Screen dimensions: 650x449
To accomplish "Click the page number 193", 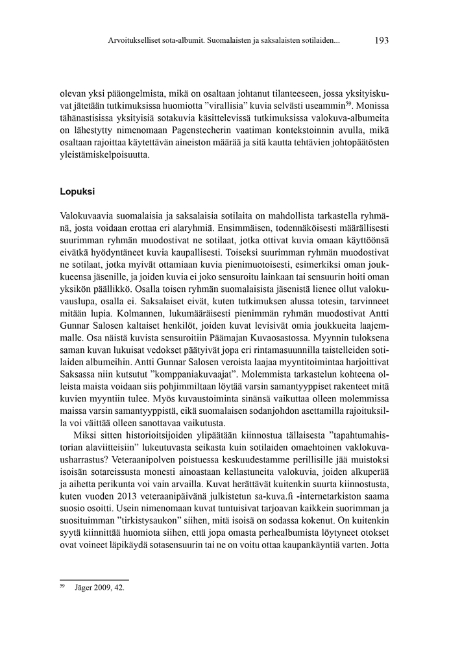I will pyautogui.click(x=382, y=40).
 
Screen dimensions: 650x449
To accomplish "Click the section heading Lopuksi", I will pyautogui.click(x=77, y=192).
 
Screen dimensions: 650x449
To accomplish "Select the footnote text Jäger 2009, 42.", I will pyautogui.click(x=99, y=588).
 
